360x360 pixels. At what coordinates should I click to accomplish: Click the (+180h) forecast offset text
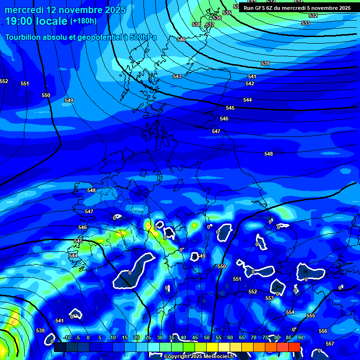pyautogui.click(x=83, y=21)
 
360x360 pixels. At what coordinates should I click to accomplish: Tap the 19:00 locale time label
pyautogui.click(x=36, y=21)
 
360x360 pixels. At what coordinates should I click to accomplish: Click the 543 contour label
pyautogui.click(x=177, y=76)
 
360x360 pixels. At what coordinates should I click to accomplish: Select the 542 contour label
pyautogui.click(x=250, y=83)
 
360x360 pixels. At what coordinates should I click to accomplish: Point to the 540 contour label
pyautogui.click(x=181, y=39)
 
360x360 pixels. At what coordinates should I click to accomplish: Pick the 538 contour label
pyautogui.click(x=196, y=24)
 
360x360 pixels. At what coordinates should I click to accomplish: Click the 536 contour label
pyautogui.click(x=217, y=18)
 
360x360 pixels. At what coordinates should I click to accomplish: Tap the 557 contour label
pyautogui.click(x=330, y=344)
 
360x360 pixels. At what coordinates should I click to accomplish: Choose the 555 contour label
pyautogui.click(x=311, y=315)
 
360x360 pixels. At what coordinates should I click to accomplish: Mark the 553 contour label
pyautogui.click(x=270, y=298)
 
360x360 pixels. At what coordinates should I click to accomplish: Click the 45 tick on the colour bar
pyautogui.click(x=195, y=337)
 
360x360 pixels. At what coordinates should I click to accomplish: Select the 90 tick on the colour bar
pyautogui.click(x=300, y=337)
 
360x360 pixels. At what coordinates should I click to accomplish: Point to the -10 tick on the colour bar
pyautogui.click(x=67, y=337)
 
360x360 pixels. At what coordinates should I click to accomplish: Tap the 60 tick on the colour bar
pyautogui.click(x=230, y=337)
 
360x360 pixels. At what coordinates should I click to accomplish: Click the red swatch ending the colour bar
pyautogui.click(x=294, y=347)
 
